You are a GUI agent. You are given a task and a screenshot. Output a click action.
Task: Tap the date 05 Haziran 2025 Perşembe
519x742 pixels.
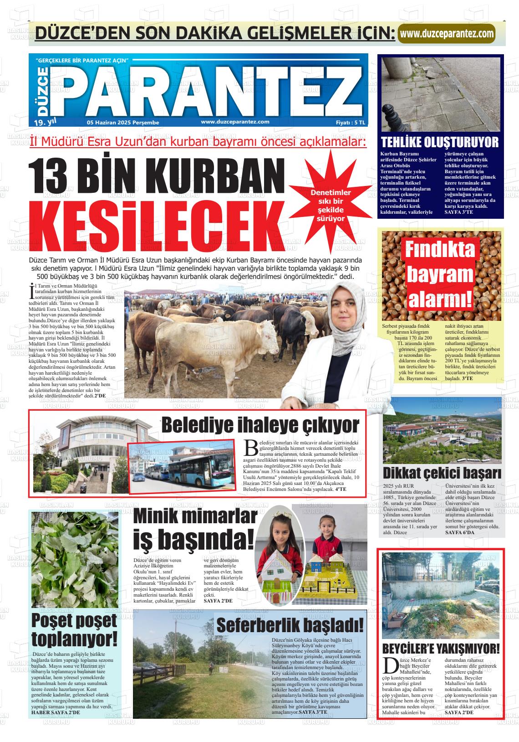point(123,122)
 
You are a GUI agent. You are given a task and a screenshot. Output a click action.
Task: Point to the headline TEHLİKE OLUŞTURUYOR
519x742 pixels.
point(440,142)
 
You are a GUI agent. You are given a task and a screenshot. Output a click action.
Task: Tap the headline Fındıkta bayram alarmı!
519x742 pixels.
point(440,275)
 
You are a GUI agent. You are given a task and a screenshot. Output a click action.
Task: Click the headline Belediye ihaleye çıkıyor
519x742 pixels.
point(260,425)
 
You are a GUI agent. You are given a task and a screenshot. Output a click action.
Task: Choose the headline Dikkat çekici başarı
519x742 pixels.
point(442,473)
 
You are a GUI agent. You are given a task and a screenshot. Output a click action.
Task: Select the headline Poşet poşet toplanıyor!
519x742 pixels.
point(75,630)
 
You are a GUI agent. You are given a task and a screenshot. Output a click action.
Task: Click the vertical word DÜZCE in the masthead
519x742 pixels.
point(42,91)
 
